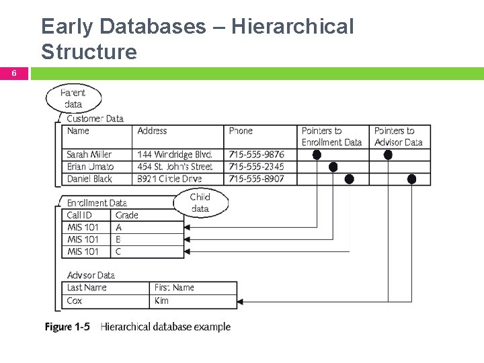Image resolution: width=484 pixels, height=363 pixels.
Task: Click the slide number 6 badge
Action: click(x=13, y=73)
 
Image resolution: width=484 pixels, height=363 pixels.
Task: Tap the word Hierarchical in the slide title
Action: click(x=292, y=27)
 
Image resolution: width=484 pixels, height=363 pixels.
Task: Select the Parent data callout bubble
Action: click(x=73, y=98)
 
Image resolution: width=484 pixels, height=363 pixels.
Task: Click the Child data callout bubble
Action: click(x=200, y=203)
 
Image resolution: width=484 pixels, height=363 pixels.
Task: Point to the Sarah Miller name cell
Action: click(x=89, y=155)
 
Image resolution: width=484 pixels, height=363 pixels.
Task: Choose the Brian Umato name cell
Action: click(x=90, y=167)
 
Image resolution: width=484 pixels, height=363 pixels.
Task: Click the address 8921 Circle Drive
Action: click(x=169, y=179)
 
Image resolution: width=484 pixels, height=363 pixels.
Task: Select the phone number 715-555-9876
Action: click(x=256, y=155)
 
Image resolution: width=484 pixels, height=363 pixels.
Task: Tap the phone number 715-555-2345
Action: click(x=256, y=167)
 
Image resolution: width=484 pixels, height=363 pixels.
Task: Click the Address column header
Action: click(x=152, y=131)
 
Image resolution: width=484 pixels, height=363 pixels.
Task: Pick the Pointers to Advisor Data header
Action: click(x=398, y=136)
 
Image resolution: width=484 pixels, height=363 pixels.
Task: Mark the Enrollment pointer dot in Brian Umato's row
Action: click(x=333, y=167)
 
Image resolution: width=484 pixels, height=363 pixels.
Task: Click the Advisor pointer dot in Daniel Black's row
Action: click(x=411, y=179)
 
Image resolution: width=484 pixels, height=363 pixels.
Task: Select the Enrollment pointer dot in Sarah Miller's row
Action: click(x=317, y=155)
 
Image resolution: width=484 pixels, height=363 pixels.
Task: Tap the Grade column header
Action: click(x=126, y=215)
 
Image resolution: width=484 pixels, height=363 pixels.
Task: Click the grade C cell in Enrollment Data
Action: click(x=118, y=251)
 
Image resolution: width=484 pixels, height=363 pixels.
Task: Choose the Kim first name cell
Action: click(x=162, y=300)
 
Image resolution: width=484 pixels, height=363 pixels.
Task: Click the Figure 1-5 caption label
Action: click(x=67, y=327)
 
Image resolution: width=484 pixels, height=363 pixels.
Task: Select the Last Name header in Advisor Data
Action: click(x=87, y=288)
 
